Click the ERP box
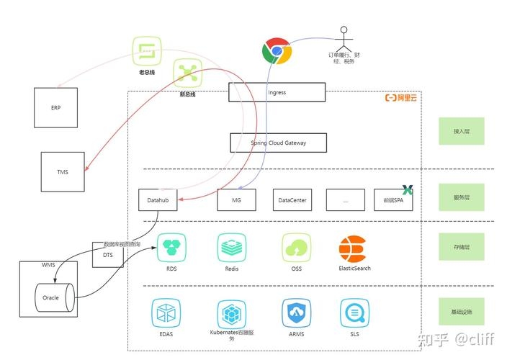56,107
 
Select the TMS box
62,174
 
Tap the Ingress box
277,92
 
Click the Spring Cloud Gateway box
278,143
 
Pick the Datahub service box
157,199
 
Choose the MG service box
236,199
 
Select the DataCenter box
292,199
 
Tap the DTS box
107,255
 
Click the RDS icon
172,248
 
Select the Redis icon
232,248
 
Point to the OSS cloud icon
296,248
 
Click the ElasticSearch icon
353,249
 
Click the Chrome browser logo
277,52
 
